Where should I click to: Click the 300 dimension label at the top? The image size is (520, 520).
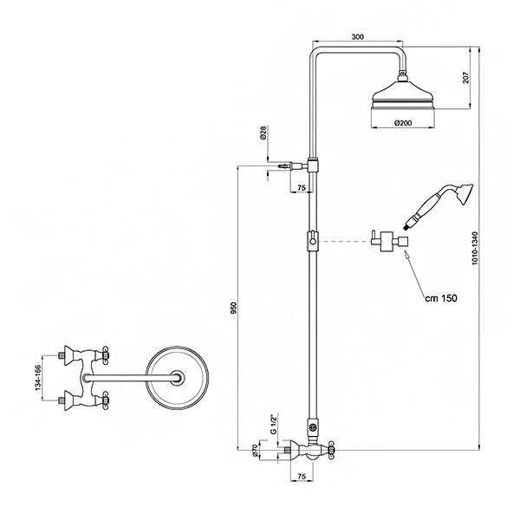357,36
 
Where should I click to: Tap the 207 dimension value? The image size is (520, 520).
466,77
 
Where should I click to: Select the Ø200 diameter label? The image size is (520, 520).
403,123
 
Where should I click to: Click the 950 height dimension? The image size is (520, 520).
234,308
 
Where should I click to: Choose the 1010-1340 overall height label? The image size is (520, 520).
475,248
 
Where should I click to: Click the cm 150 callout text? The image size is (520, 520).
441,298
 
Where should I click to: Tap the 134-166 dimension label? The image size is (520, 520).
38,378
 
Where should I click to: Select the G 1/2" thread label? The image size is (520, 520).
274,424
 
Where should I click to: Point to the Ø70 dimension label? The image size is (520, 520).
256,451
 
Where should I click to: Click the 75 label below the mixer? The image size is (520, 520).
302,476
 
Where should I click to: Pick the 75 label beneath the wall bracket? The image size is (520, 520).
301,188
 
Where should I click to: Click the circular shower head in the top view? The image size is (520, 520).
178,378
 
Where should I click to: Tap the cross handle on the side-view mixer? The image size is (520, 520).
333,450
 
